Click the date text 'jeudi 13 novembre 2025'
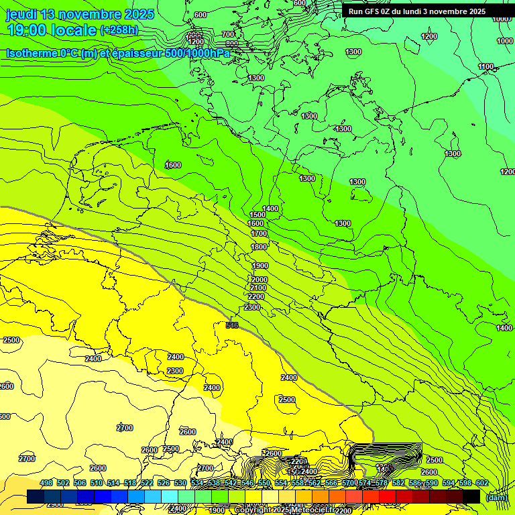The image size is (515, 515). click(x=80, y=14)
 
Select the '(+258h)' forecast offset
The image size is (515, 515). click(x=119, y=30)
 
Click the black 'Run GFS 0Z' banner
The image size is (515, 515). click(x=416, y=11)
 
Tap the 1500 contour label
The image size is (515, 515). click(x=257, y=215)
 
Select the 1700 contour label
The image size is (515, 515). click(x=259, y=234)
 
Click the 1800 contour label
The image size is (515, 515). click(x=259, y=247)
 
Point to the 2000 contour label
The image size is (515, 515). click(x=259, y=280)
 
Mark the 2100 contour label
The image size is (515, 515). click(x=257, y=288)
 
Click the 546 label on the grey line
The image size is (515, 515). click(x=232, y=325)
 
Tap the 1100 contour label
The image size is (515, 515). click(x=486, y=66)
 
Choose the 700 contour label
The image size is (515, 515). click(x=228, y=34)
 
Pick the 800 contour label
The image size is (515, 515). click(x=232, y=44)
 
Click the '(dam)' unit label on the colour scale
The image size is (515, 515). click(x=496, y=497)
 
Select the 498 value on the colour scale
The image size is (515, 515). click(x=46, y=483)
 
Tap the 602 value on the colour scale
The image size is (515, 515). click(x=481, y=483)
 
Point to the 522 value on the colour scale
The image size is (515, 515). click(x=146, y=483)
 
